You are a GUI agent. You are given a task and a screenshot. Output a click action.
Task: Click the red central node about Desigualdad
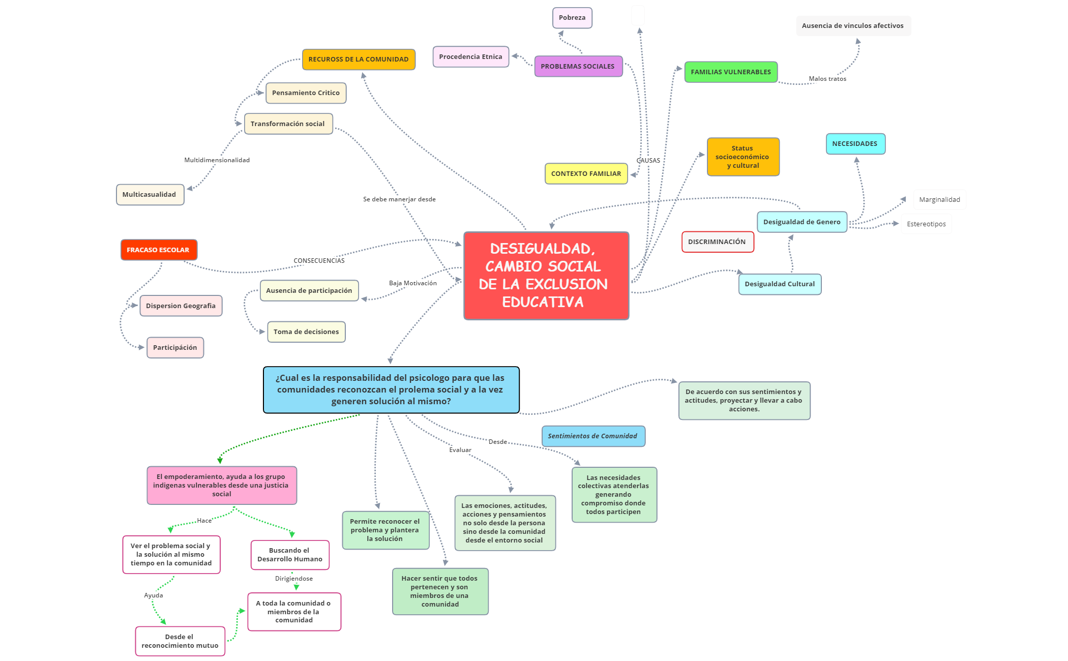coord(546,276)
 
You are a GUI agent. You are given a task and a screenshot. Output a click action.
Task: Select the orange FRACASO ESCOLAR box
coord(159,250)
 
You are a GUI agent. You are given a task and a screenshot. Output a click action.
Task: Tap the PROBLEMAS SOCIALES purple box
coord(578,67)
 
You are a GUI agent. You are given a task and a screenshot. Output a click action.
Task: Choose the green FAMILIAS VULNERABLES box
coord(730,72)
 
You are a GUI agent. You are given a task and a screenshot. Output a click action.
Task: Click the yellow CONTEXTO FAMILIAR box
coord(586,174)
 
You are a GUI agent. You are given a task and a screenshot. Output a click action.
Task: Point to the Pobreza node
coord(572,18)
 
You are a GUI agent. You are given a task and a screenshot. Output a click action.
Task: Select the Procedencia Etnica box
coord(470,57)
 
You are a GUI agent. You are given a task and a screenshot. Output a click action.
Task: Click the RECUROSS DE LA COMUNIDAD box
coord(359,59)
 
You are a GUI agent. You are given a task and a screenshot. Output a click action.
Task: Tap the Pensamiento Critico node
coord(306,93)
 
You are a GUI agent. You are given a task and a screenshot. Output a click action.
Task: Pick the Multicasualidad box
coord(150,195)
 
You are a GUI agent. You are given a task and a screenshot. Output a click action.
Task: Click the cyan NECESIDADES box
coord(855,144)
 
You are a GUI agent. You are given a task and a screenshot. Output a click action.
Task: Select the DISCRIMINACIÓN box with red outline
coord(717,242)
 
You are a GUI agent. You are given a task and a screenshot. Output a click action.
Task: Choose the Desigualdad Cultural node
coord(780,284)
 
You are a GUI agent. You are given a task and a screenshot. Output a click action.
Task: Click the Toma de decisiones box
coord(306,332)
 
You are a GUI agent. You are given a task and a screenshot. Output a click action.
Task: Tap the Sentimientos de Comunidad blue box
coord(593,436)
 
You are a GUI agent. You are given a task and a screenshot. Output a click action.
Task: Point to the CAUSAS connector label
coord(648,161)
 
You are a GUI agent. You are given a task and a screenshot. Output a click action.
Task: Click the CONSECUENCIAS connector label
coord(319,261)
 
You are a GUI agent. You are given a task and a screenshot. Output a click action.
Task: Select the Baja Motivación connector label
coord(413,283)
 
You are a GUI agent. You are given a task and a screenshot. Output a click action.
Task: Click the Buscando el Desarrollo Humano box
coord(290,555)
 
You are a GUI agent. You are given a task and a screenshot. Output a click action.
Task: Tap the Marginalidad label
coord(939,200)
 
